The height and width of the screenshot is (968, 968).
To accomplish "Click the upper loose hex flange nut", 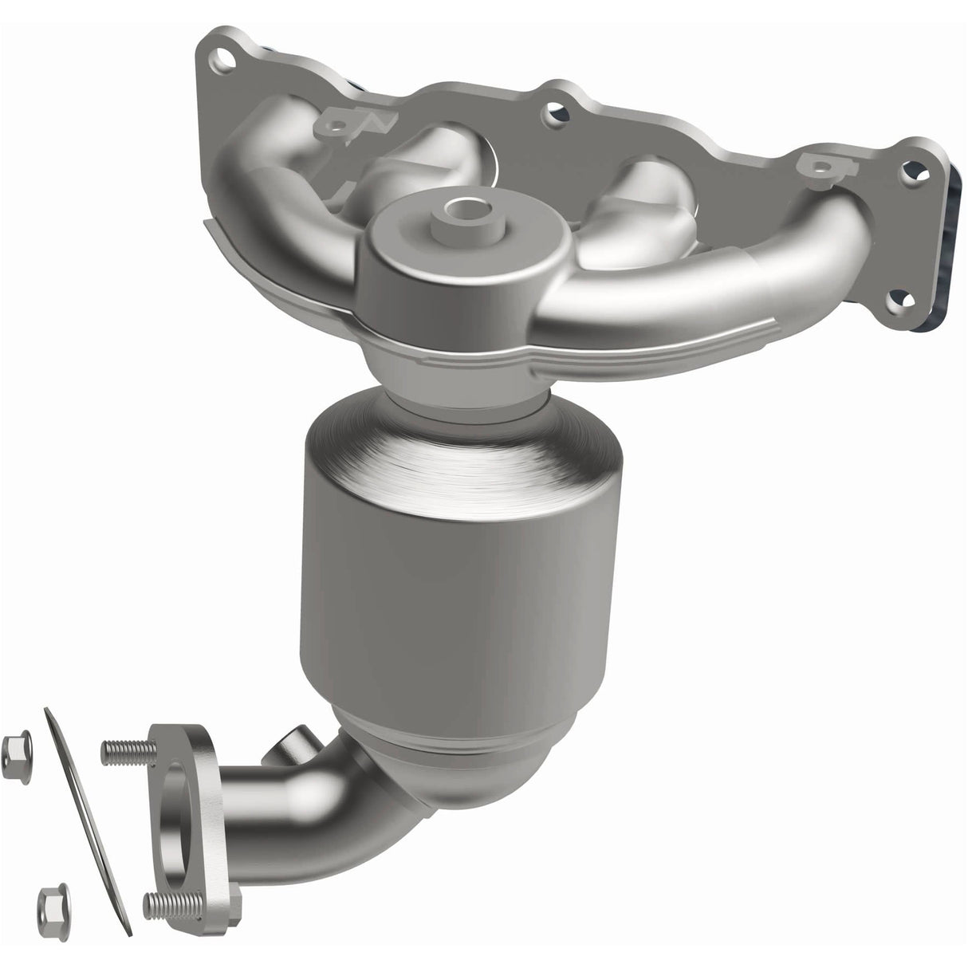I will point(16,747).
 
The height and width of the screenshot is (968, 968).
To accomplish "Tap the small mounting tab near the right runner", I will point(816,164).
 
